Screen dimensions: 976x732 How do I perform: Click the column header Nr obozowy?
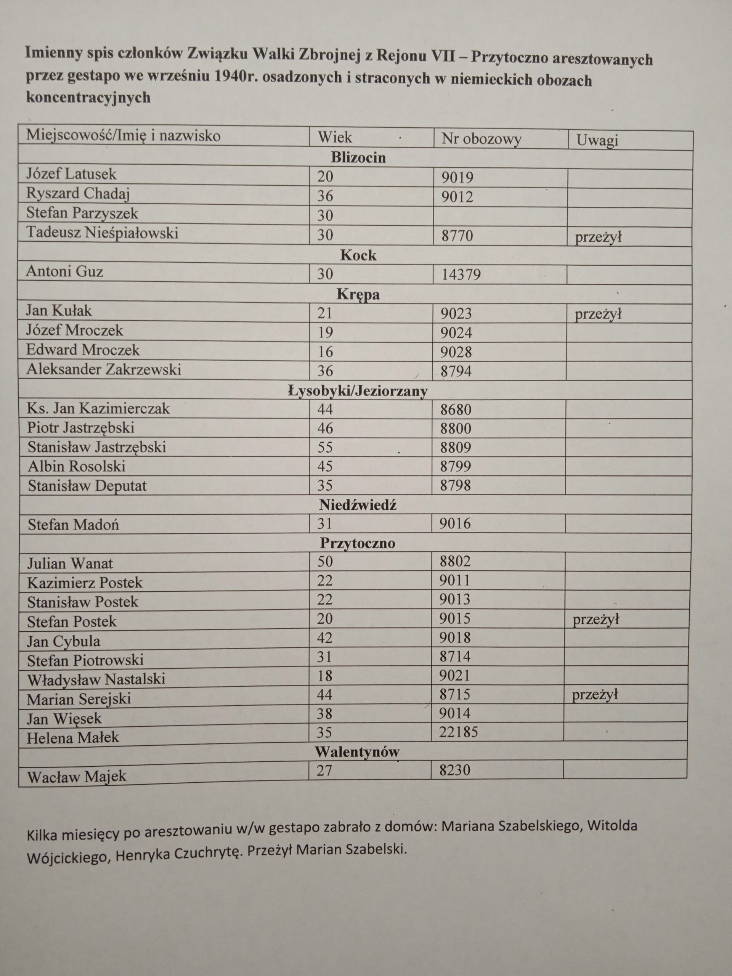pyautogui.click(x=482, y=139)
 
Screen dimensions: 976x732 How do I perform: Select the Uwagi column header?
pyautogui.click(x=597, y=140)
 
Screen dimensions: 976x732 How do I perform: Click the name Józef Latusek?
pyautogui.click(x=71, y=174)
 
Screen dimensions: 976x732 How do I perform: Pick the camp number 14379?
pyautogui.click(x=461, y=275)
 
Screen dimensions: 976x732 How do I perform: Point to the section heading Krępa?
pyautogui.click(x=358, y=294)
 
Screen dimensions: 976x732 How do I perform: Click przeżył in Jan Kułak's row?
pyautogui.click(x=598, y=314)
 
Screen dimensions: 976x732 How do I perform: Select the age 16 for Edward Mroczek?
pyautogui.click(x=325, y=352)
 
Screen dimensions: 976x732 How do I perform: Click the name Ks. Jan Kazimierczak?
pyautogui.click(x=98, y=409)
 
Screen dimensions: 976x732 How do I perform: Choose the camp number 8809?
pyautogui.click(x=455, y=448)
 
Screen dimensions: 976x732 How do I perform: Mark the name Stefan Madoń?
pyautogui.click(x=73, y=525)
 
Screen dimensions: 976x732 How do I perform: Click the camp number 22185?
pyautogui.click(x=458, y=732)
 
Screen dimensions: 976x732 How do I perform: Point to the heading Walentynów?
pyautogui.click(x=357, y=751)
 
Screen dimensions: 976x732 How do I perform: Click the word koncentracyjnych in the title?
pyautogui.click(x=88, y=97)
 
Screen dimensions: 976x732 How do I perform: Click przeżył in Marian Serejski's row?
pyautogui.click(x=595, y=695)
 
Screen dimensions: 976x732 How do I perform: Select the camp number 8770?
pyautogui.click(x=457, y=235)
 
